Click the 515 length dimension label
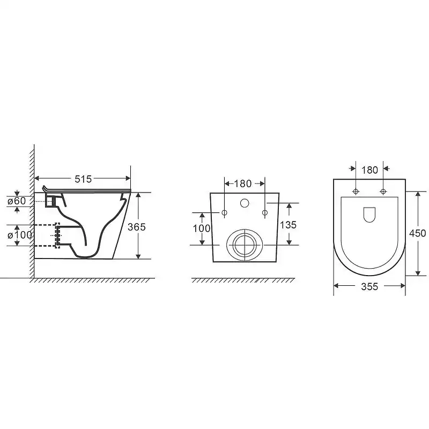83,179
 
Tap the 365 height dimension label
137,227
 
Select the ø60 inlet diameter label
17,201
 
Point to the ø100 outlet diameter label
20,235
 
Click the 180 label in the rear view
243,183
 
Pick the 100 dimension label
202,228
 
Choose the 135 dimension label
288,225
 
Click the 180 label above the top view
369,170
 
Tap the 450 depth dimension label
418,233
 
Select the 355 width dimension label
369,286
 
